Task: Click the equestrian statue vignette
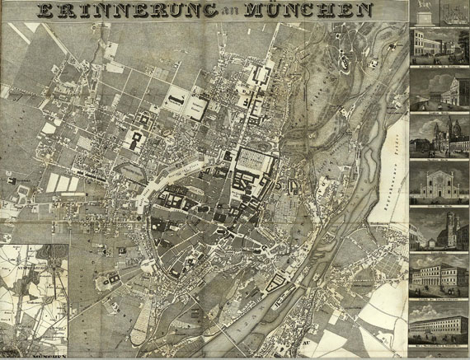(424, 12)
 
